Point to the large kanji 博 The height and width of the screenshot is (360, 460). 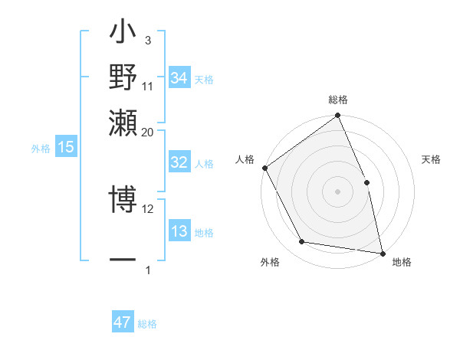[x=123, y=201]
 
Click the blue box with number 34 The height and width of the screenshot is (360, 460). [x=179, y=78]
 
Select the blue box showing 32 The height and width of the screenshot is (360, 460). [x=179, y=162]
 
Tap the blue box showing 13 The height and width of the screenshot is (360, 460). [x=179, y=231]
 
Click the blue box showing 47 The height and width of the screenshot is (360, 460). [x=123, y=322]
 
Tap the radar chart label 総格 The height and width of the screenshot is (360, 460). [x=337, y=100]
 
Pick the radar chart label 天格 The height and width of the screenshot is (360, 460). [x=431, y=159]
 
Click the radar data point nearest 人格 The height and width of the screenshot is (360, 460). [x=264, y=168]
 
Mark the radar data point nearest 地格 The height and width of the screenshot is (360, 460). [x=382, y=253]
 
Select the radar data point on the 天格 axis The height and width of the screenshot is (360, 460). [x=366, y=182]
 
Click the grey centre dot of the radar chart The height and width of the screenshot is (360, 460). [x=337, y=191]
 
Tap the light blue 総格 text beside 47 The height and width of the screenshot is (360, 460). [x=147, y=324]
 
